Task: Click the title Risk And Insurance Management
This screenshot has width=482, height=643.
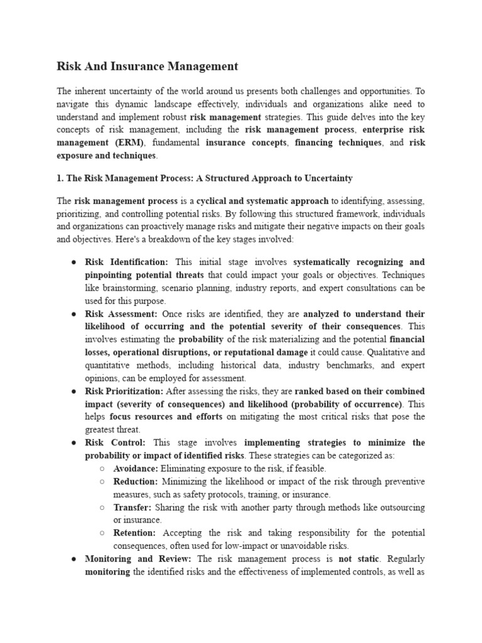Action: tap(147, 66)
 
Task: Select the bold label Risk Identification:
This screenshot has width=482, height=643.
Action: tap(127, 262)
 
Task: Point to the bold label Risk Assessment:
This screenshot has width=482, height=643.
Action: tap(121, 313)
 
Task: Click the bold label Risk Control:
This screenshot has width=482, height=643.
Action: tap(115, 443)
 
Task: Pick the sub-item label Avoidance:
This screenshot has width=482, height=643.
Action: tap(136, 468)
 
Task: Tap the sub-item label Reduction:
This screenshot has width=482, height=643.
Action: tap(136, 481)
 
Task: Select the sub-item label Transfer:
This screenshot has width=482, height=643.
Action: tap(132, 507)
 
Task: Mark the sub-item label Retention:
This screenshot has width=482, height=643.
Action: tap(134, 532)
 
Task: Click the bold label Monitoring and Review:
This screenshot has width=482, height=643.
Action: tap(139, 558)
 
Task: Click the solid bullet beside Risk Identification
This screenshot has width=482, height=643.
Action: tap(73, 262)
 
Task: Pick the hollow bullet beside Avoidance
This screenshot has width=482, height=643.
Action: tap(102, 468)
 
